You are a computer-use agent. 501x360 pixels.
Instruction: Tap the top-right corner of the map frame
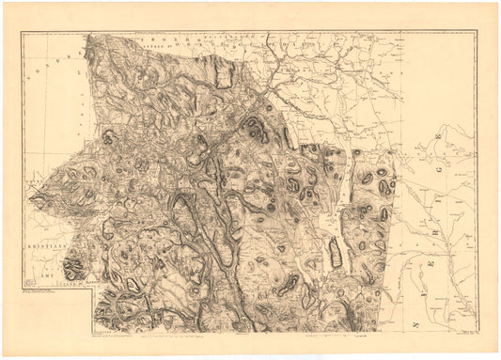(478, 31)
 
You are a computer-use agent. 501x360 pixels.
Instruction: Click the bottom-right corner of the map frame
(478, 332)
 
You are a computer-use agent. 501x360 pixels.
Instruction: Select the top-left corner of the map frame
(21, 31)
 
